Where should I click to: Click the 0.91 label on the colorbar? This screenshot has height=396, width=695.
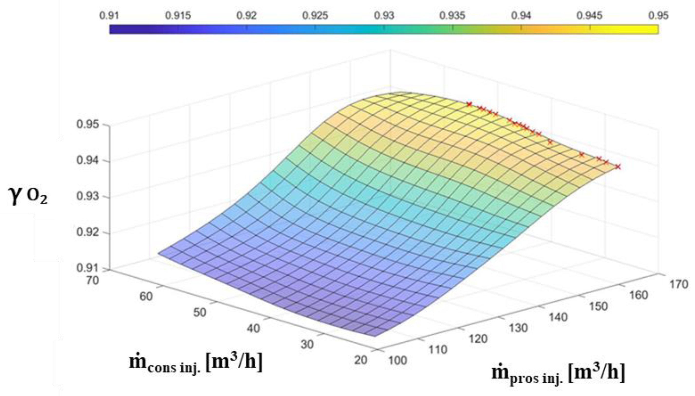pyautogui.click(x=109, y=16)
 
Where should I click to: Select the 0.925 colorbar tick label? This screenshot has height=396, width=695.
pyautogui.click(x=315, y=16)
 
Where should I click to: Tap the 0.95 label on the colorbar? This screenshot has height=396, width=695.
pyautogui.click(x=658, y=16)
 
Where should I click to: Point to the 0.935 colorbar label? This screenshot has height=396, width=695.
pyautogui.click(x=452, y=16)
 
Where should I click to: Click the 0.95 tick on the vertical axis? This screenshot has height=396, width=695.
pyautogui.click(x=87, y=125)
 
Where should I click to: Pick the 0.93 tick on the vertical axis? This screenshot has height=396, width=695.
pyautogui.click(x=87, y=196)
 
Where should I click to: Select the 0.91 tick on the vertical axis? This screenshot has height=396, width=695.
pyautogui.click(x=87, y=268)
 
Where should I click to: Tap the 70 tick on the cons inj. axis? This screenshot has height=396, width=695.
pyautogui.click(x=92, y=280)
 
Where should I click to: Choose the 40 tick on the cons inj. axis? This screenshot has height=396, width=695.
pyautogui.click(x=253, y=328)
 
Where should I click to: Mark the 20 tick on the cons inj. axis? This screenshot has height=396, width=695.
pyautogui.click(x=361, y=360)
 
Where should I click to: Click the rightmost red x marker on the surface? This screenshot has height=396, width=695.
pyautogui.click(x=618, y=167)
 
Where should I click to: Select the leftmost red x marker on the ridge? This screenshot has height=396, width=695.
pyautogui.click(x=469, y=104)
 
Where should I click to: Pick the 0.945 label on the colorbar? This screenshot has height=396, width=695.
pyautogui.click(x=589, y=16)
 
